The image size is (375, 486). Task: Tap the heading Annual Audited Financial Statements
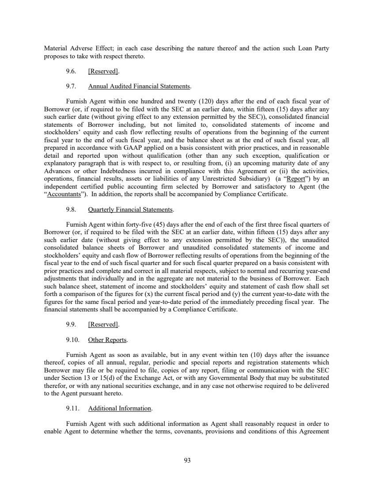click(x=139, y=86)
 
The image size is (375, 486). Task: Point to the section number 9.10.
click(x=72, y=340)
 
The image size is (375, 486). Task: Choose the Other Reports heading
click(x=108, y=340)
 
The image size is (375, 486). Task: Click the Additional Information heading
click(x=120, y=408)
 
